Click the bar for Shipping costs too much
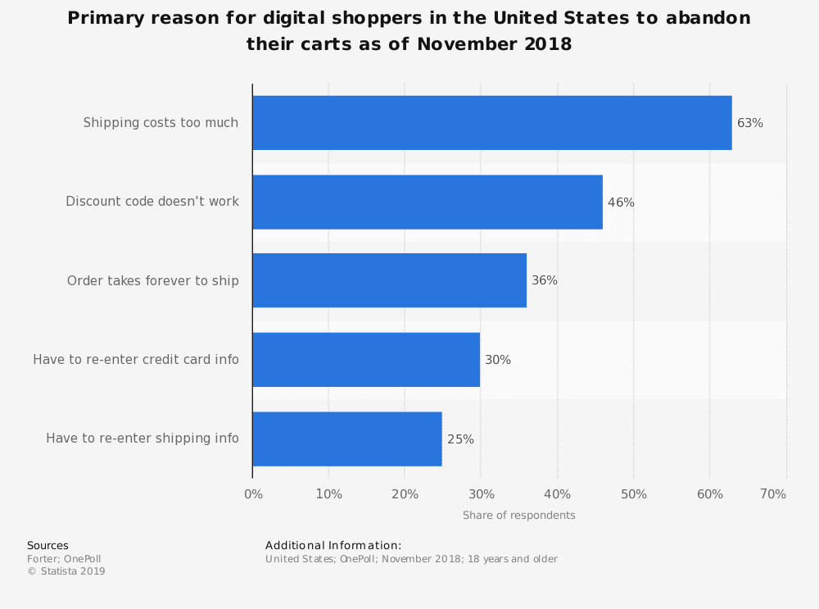pyautogui.click(x=491, y=123)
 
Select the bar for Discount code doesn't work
pyautogui.click(x=427, y=202)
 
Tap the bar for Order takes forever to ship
pyautogui.click(x=389, y=280)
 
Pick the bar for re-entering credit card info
pyautogui.click(x=366, y=359)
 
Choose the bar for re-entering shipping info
pyautogui.click(x=346, y=439)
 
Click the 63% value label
pyautogui.click(x=749, y=123)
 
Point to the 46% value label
pyautogui.click(x=621, y=202)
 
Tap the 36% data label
pyautogui.click(x=545, y=280)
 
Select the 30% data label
pyautogui.click(x=498, y=360)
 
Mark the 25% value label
pyautogui.click(x=460, y=439)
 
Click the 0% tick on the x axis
pyautogui.click(x=254, y=494)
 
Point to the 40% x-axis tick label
pyautogui.click(x=557, y=494)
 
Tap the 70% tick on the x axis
pyautogui.click(x=773, y=494)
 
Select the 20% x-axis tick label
pyautogui.click(x=405, y=494)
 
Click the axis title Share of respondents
pyautogui.click(x=518, y=516)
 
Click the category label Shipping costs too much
pyautogui.click(x=161, y=123)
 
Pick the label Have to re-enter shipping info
pyautogui.click(x=143, y=439)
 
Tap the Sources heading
pyautogui.click(x=48, y=546)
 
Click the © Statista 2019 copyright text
pyautogui.click(x=66, y=571)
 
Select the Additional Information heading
pyautogui.click(x=333, y=546)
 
